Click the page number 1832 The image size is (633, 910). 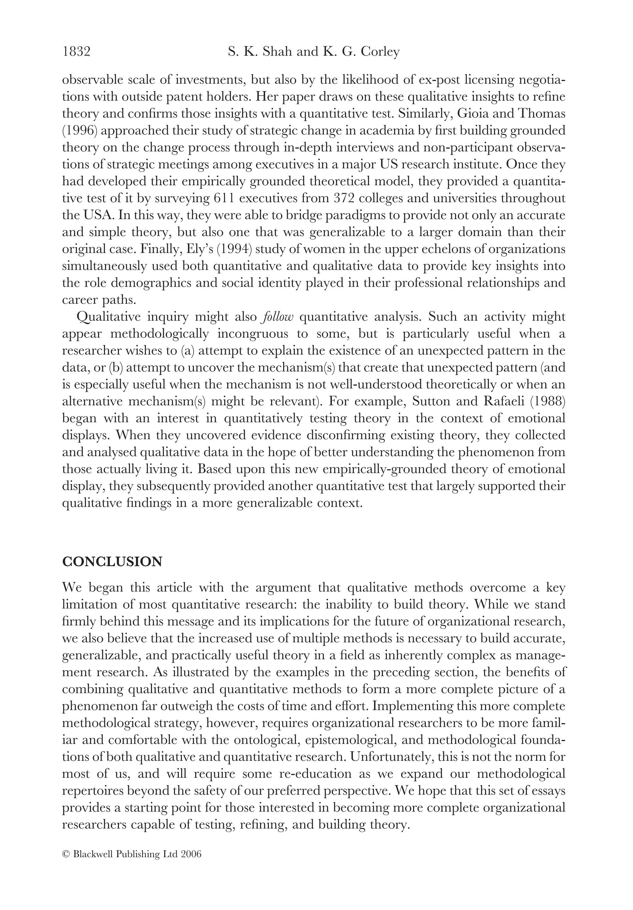(x=77, y=52)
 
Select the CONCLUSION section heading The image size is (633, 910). (x=112, y=562)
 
